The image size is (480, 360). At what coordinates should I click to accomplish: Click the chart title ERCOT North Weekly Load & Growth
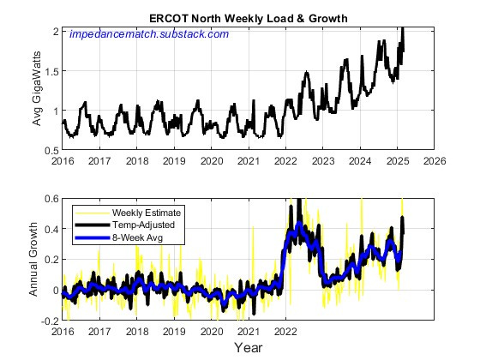point(247,18)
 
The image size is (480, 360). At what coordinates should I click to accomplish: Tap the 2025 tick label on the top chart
point(398,160)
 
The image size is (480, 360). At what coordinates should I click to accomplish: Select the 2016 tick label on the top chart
point(63,160)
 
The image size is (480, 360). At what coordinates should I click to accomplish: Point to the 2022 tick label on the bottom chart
point(285,330)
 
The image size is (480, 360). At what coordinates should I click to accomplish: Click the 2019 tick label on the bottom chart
point(174,330)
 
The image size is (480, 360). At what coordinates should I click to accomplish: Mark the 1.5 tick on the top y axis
point(51,71)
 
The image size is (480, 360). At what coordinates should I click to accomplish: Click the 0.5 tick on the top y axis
point(51,151)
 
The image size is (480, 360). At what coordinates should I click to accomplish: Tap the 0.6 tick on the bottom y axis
point(51,199)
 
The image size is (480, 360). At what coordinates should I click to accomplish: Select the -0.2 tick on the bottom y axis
point(50,321)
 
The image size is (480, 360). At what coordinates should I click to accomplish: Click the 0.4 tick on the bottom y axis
point(51,230)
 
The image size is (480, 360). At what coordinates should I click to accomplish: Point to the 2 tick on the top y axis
point(56,31)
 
